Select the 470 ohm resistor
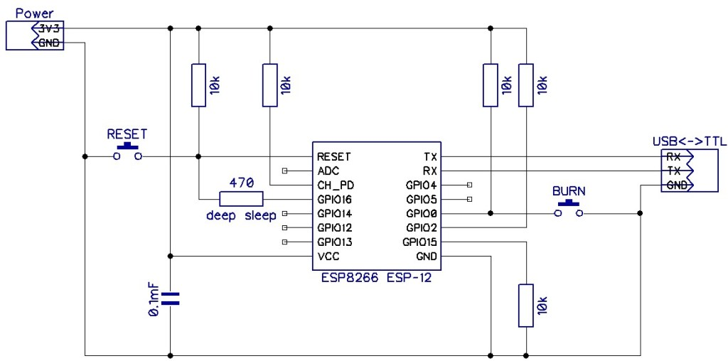(241, 199)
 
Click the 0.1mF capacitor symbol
(170, 298)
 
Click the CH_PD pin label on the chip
(335, 185)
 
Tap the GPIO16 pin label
(335, 200)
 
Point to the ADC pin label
(328, 171)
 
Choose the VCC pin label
(328, 257)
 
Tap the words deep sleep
(241, 215)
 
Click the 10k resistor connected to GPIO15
(525, 305)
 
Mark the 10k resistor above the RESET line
(198, 85)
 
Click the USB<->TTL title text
(689, 142)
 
